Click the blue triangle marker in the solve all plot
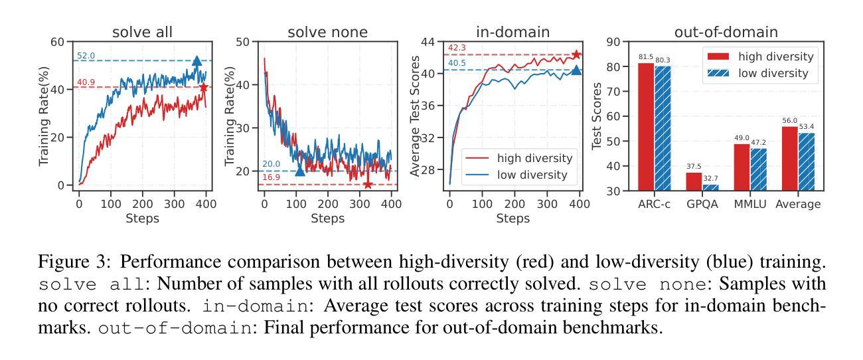click(x=197, y=61)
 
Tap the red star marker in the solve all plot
click(x=204, y=87)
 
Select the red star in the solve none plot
click(x=368, y=184)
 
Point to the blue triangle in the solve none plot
click(x=299, y=171)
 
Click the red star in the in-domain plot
click(x=576, y=54)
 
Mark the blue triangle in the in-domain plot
click(x=576, y=70)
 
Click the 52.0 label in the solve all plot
click(x=86, y=56)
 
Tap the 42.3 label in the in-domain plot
click(x=457, y=48)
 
